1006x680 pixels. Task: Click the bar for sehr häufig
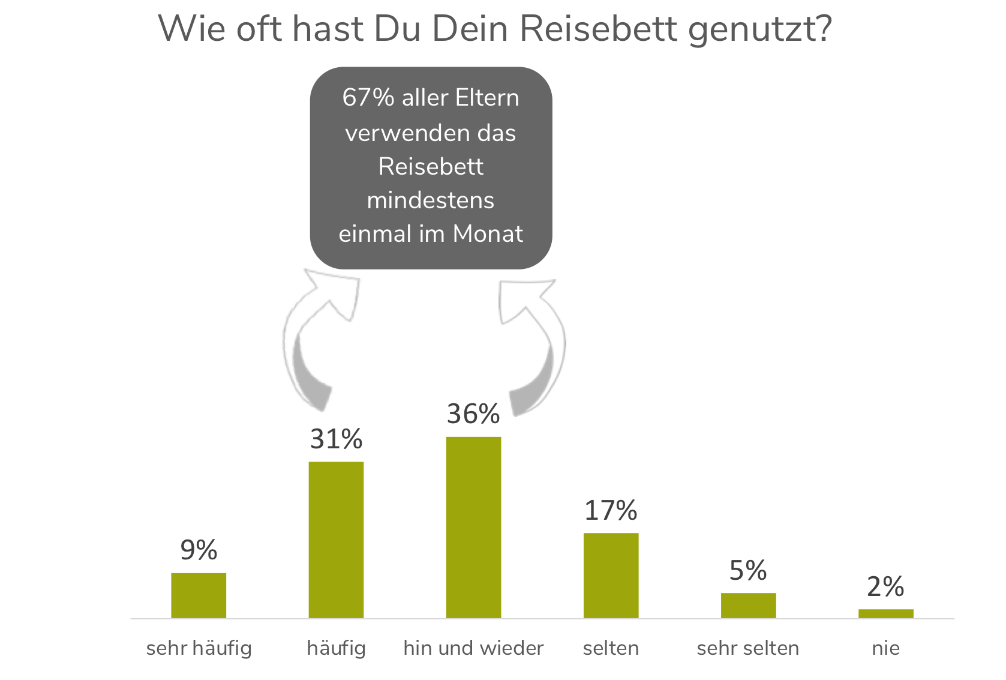tap(199, 595)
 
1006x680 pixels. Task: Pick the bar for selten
tap(611, 575)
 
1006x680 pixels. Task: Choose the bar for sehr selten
tap(748, 605)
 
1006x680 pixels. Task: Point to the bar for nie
tap(885, 613)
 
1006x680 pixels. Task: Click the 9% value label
tap(199, 550)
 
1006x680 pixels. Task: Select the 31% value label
tap(336, 439)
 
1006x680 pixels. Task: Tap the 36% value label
tap(473, 414)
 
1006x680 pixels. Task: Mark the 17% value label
tap(611, 511)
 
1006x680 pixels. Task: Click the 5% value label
tap(748, 571)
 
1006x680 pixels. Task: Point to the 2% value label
tap(885, 587)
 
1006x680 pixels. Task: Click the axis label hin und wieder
tap(473, 648)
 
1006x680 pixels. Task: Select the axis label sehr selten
tap(748, 648)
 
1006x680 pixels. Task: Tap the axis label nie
tap(885, 648)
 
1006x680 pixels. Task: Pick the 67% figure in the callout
tap(368, 98)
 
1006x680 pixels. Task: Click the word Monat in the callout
tap(488, 233)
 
